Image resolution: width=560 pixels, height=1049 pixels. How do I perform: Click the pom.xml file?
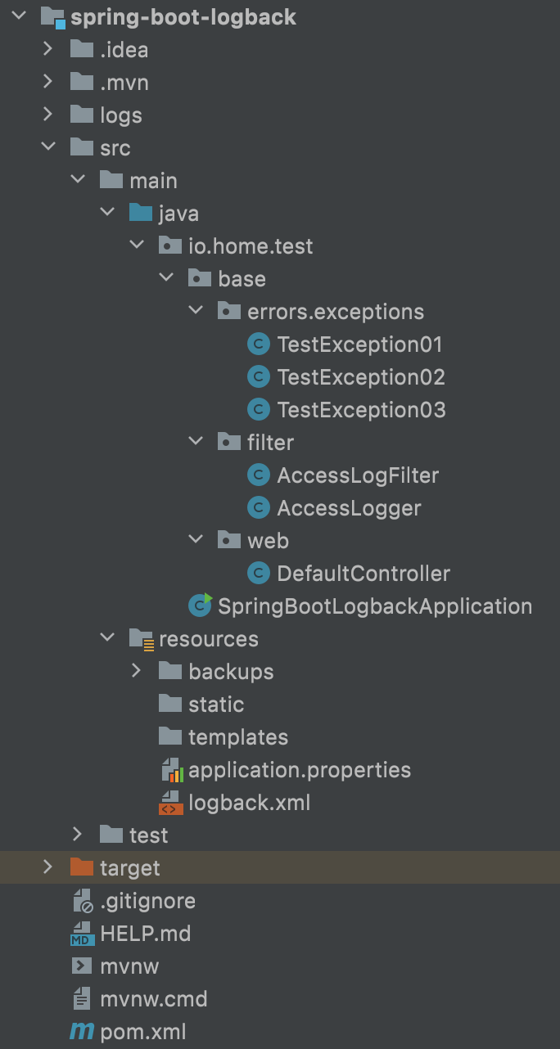tap(142, 1032)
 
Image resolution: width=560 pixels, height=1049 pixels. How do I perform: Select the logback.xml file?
tap(249, 803)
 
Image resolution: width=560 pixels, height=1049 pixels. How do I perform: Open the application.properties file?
tap(299, 770)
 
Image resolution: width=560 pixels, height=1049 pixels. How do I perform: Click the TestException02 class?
tap(360, 377)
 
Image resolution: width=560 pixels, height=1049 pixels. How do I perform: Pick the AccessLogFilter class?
tap(357, 475)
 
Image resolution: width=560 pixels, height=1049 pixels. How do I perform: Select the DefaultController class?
tap(363, 574)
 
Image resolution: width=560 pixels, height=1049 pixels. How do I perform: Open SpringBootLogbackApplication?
tap(374, 606)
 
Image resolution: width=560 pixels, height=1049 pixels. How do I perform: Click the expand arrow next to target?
tap(48, 867)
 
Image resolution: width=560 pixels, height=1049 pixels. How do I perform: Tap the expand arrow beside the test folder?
tap(78, 835)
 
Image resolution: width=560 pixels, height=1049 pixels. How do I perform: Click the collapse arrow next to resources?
tap(107, 638)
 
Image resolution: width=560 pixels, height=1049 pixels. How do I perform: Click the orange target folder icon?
tap(82, 867)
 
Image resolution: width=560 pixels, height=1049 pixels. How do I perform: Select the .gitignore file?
tap(147, 901)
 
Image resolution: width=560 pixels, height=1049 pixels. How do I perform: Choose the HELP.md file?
tap(145, 934)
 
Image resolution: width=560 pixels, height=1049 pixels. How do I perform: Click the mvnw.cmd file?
tap(153, 999)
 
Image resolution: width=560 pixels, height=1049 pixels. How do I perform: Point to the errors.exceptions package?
tap(335, 312)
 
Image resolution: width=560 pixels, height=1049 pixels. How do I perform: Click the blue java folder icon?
tap(141, 214)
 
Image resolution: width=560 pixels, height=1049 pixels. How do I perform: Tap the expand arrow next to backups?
tap(137, 671)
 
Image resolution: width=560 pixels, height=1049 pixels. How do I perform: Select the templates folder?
tap(237, 737)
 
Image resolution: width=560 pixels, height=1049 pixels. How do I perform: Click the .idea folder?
tap(124, 50)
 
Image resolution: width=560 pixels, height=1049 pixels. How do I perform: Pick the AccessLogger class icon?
tap(259, 508)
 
